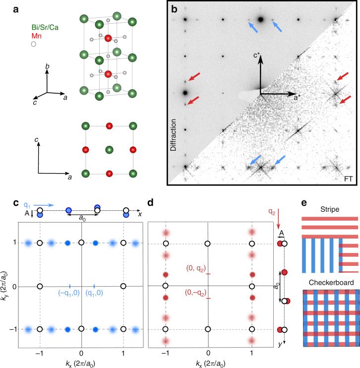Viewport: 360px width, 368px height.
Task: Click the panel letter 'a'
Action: pos(5,6)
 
